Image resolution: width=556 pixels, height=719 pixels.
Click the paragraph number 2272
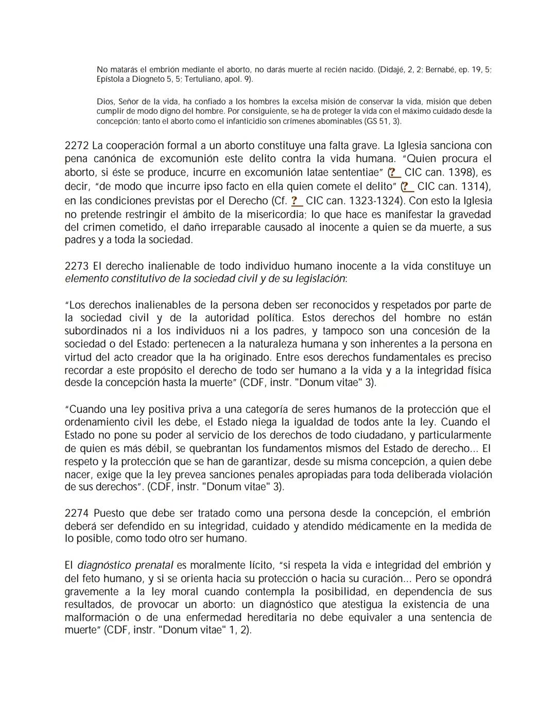pos(76,146)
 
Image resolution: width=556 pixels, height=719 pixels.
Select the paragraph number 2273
pos(76,266)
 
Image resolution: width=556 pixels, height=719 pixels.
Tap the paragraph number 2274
pos(76,513)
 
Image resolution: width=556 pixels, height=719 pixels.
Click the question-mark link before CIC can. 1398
pos(395,172)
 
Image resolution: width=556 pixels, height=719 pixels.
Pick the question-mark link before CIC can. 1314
pos(408,186)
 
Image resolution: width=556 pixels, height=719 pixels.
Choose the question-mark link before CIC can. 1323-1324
pos(296,200)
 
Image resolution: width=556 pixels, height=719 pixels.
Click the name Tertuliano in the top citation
pos(190,79)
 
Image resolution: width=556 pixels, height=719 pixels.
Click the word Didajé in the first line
pos(392,69)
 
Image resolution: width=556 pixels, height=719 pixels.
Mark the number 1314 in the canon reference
pos(474,186)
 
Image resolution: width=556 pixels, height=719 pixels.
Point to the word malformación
pos(97,617)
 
